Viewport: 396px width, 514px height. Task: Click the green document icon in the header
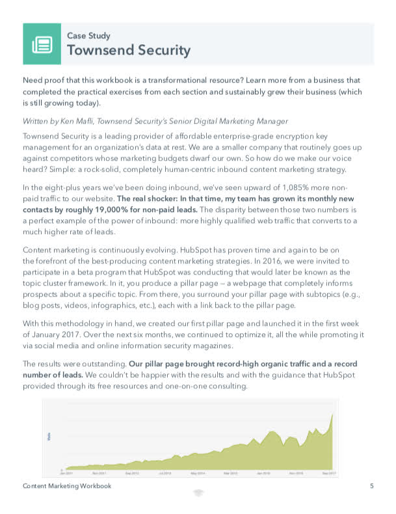pos(44,44)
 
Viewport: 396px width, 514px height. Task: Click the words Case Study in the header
pos(89,36)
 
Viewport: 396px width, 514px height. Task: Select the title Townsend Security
pos(129,51)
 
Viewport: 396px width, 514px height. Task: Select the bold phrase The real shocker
pos(150,198)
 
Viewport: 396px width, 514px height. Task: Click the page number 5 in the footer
pos(371,486)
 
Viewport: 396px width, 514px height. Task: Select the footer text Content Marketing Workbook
pos(67,486)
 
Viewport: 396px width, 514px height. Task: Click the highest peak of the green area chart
pos(333,414)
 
